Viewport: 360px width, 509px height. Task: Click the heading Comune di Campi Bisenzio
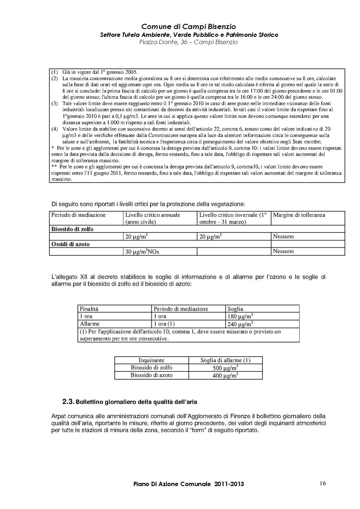pyautogui.click(x=189, y=27)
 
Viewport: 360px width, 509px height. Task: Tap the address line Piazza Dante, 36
pyautogui.click(x=188, y=42)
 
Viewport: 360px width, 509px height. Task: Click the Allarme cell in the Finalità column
pyautogui.click(x=90, y=324)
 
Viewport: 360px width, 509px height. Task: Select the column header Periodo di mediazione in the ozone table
pyautogui.click(x=181, y=309)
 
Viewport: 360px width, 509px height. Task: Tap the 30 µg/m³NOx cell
pyautogui.click(x=142, y=252)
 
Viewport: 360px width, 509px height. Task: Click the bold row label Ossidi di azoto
pyautogui.click(x=70, y=244)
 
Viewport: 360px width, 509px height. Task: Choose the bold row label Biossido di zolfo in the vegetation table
pyautogui.click(x=72, y=229)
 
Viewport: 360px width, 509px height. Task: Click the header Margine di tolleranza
pyautogui.click(x=299, y=215)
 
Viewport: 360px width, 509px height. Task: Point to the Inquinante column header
pyautogui.click(x=151, y=360)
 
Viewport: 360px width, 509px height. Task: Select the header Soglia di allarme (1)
pyautogui.click(x=225, y=360)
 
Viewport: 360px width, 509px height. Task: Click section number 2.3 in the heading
pyautogui.click(x=68, y=402)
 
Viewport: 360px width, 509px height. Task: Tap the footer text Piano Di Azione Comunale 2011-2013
pyautogui.click(x=189, y=484)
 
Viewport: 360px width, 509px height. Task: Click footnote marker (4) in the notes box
pyautogui.click(x=55, y=129)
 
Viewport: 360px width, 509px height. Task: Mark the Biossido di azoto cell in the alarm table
pyautogui.click(x=151, y=375)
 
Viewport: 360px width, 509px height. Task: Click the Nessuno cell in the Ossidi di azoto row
pyautogui.click(x=283, y=251)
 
